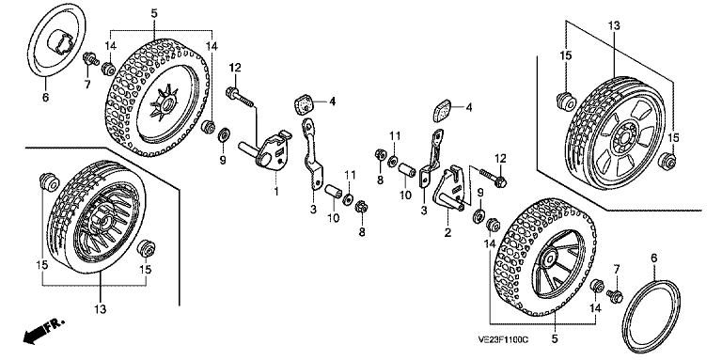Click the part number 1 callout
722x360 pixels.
(x=276, y=191)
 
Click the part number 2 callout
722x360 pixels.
(x=447, y=232)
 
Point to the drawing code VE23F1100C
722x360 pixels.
(x=502, y=339)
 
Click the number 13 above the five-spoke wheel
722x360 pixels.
(x=614, y=25)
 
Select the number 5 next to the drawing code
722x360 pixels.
(x=555, y=339)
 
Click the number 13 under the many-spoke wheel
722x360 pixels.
(x=101, y=309)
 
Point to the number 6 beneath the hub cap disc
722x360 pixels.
(x=45, y=98)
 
